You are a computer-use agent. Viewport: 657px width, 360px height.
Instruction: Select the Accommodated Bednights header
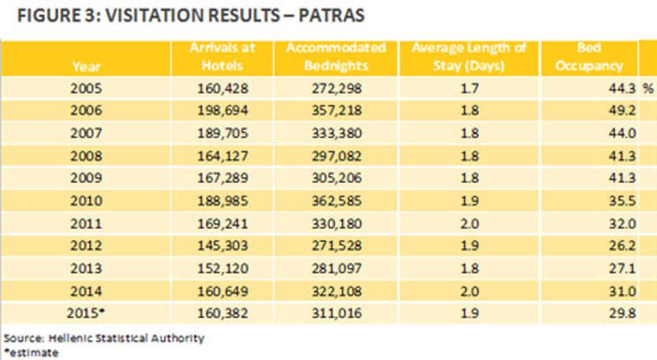pos(336,57)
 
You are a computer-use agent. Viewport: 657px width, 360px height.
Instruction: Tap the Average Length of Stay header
pos(468,57)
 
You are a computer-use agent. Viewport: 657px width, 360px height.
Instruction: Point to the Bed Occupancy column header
pos(588,57)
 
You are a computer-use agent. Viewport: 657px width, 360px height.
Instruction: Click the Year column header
pos(86,65)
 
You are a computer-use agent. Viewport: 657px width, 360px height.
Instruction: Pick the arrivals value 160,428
pos(222,88)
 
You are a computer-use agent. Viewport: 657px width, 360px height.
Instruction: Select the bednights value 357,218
pos(336,110)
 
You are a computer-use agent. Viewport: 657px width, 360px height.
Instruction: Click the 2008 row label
pos(86,156)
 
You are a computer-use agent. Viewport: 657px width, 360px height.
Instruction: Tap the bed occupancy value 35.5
pos(622,201)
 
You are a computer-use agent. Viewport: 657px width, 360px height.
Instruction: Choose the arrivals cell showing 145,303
pos(222,246)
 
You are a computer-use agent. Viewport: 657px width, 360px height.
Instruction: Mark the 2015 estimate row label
pos(86,313)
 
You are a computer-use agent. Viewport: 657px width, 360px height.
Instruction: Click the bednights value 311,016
pos(336,314)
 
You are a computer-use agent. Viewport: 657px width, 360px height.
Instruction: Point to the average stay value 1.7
pos(469,88)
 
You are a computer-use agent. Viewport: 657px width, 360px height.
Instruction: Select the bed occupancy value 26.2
pos(622,246)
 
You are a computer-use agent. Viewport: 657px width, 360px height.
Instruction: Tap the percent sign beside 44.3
pos(647,89)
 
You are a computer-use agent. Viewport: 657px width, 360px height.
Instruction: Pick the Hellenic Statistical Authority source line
pos(104,338)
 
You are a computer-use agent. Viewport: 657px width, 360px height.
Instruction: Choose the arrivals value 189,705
pos(222,133)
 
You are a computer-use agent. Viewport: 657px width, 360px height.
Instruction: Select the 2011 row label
pos(86,223)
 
